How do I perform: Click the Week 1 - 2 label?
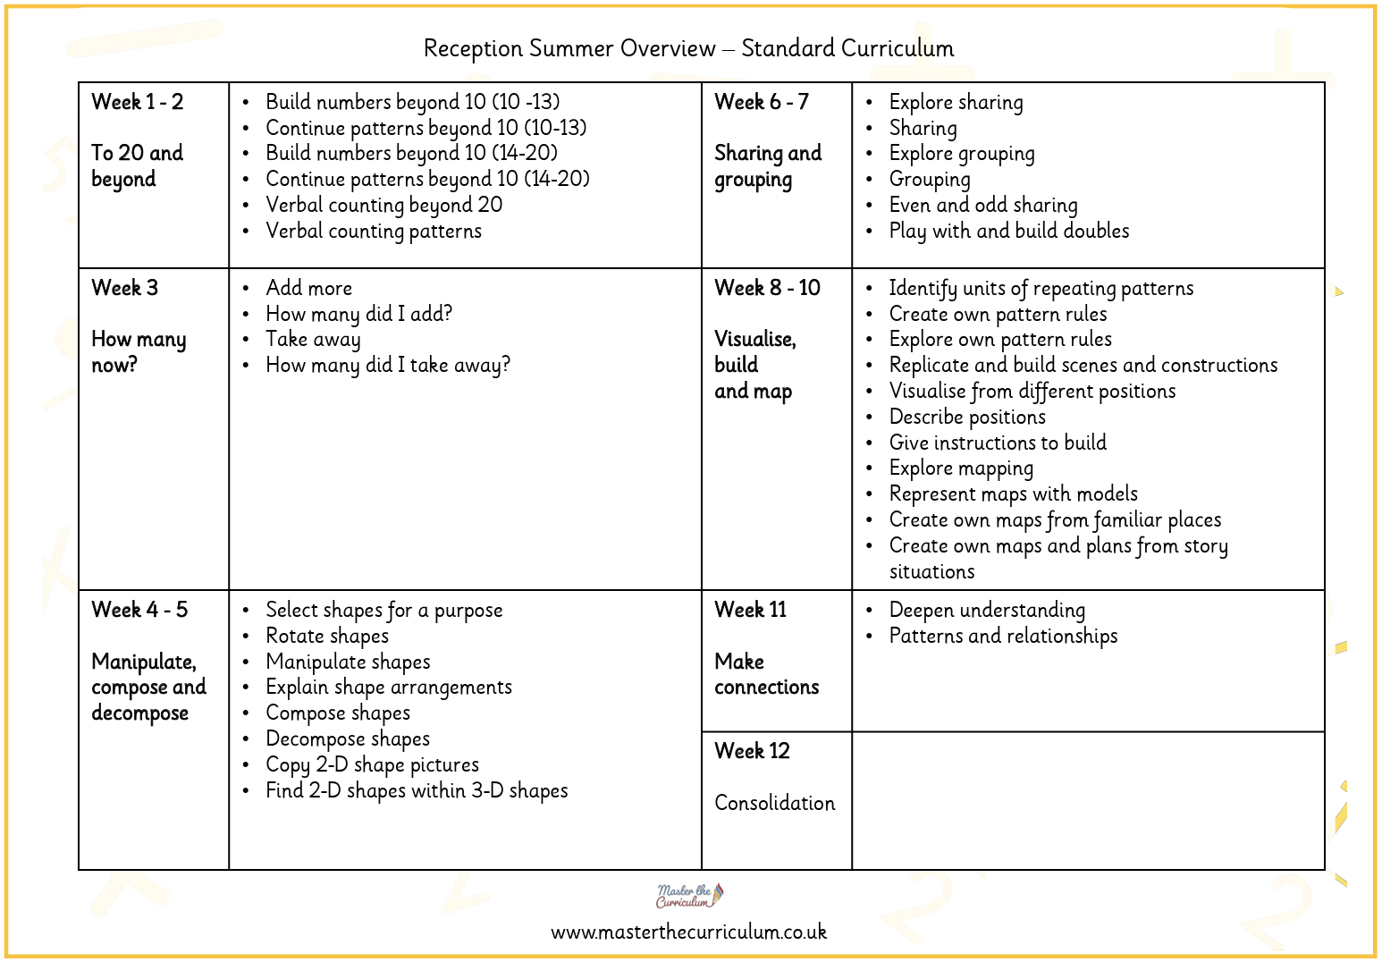138,102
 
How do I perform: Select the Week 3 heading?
124,288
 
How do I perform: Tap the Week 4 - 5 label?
139,610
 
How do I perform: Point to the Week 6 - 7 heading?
761,102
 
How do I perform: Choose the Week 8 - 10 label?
767,288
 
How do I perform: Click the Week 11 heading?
750,610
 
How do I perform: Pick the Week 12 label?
752,751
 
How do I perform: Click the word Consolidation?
774,803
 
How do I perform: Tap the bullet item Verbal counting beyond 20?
383,205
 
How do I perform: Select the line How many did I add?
358,314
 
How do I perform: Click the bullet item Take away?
313,340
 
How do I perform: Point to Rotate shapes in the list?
327,637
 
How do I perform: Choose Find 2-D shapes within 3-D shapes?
417,791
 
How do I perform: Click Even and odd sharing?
982,206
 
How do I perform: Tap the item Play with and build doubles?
1008,231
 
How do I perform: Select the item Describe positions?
966,418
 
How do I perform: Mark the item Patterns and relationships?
1003,637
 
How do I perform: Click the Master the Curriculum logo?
689,895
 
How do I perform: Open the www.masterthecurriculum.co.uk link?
688,932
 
